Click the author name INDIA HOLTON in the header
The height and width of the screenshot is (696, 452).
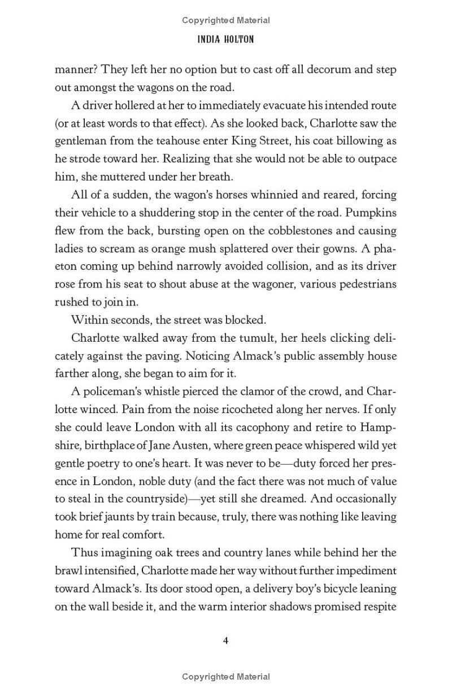tap(225, 39)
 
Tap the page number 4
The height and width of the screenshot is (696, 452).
tap(225, 641)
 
